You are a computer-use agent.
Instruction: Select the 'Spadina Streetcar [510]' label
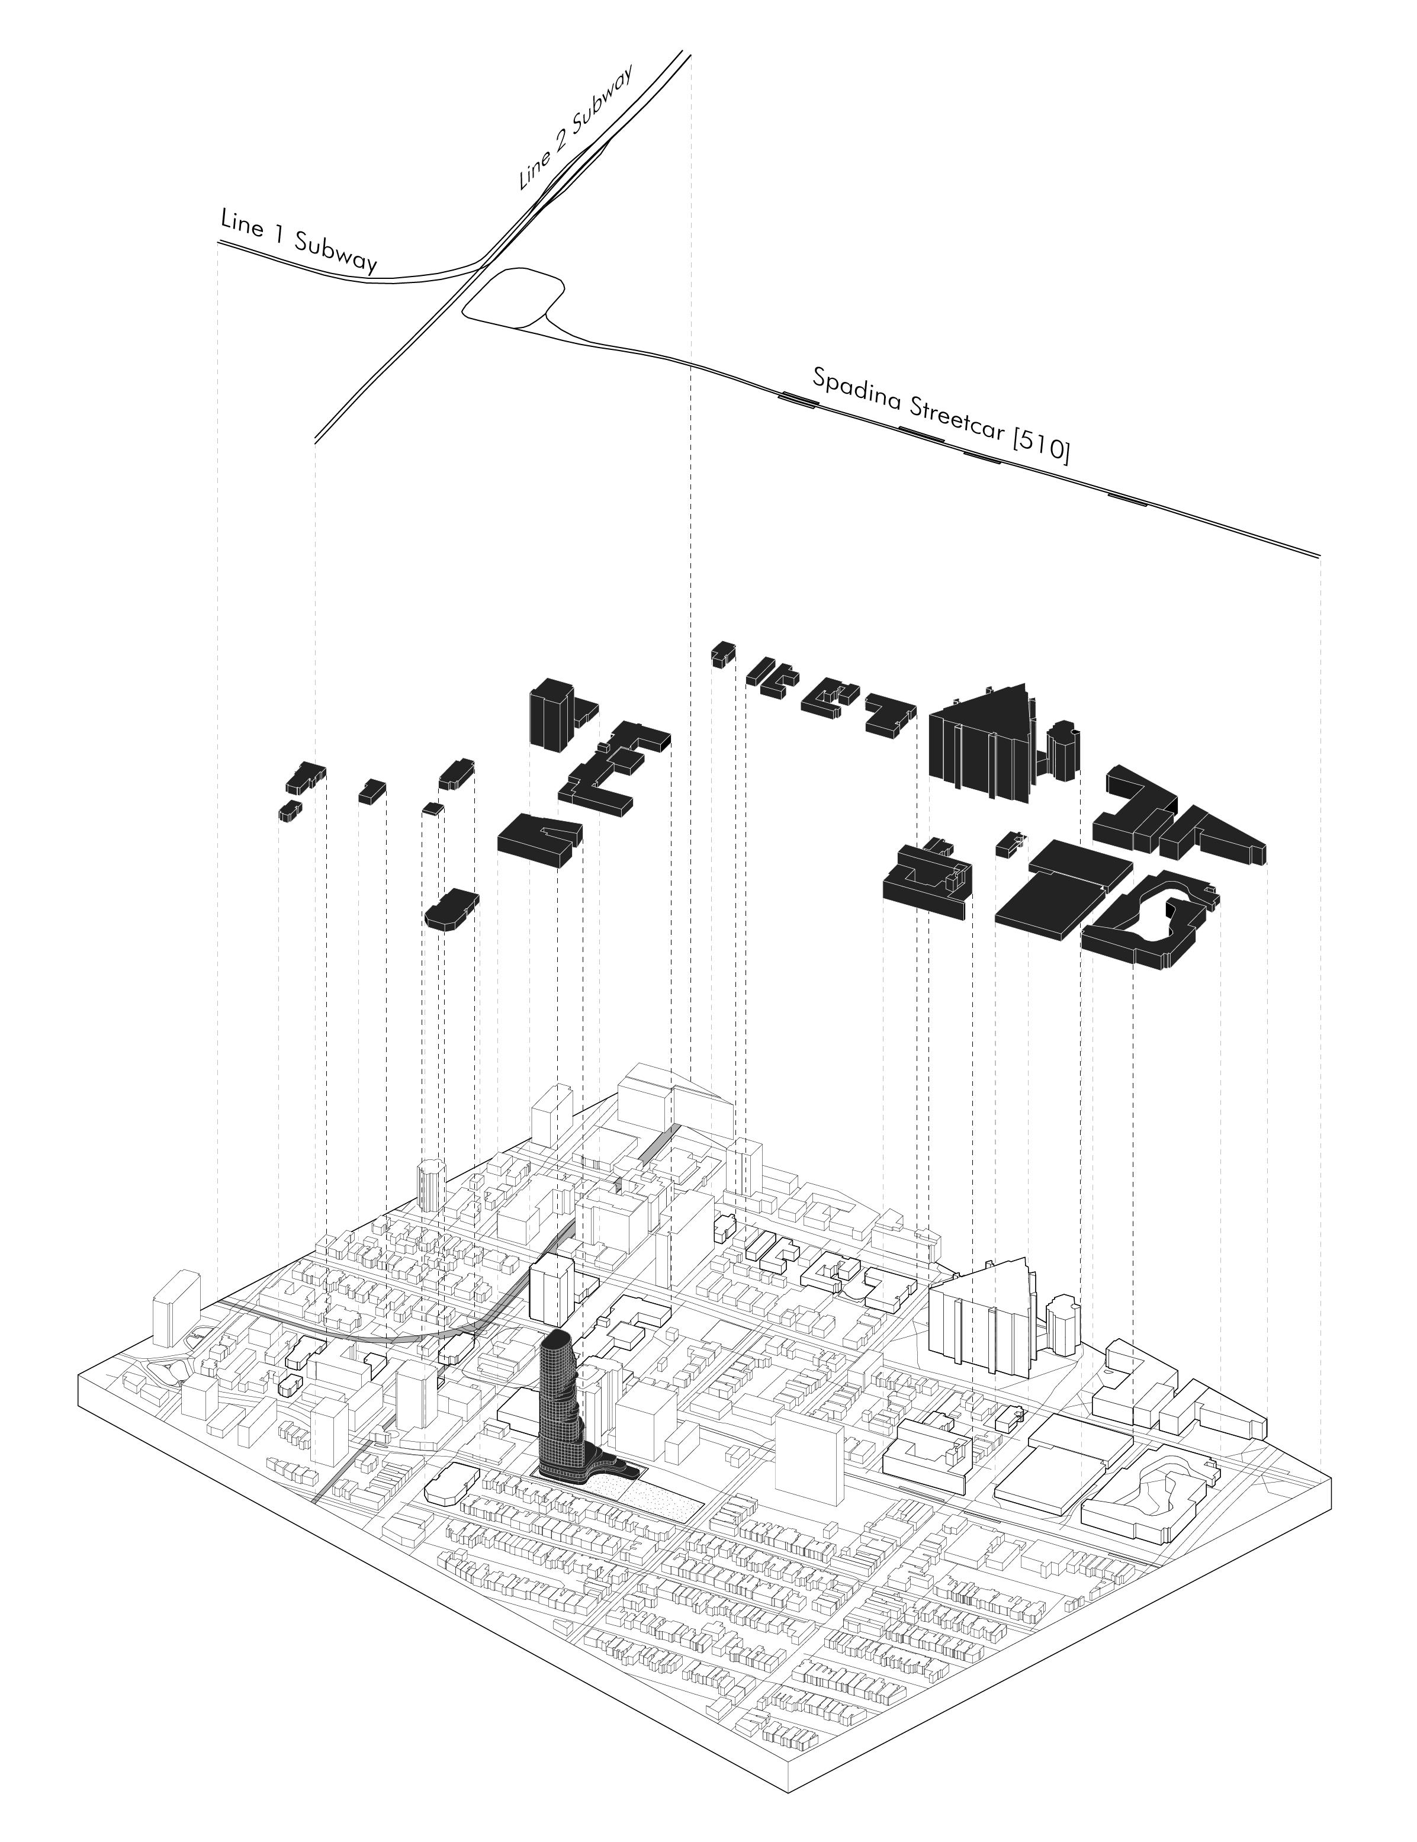[x=940, y=416]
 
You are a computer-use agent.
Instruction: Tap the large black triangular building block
[x=987, y=742]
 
